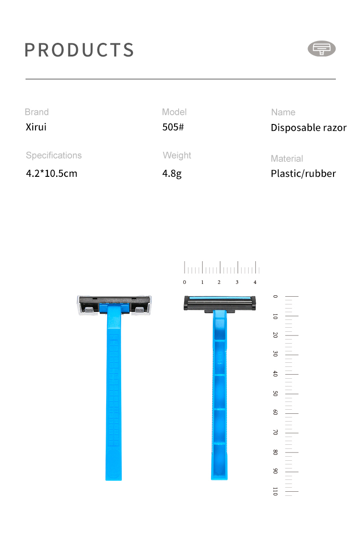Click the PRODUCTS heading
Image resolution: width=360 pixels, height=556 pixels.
tap(79, 50)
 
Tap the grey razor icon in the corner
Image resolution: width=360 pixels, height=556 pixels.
tap(322, 48)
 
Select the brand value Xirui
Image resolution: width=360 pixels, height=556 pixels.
tap(36, 127)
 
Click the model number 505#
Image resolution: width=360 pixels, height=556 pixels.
tap(173, 127)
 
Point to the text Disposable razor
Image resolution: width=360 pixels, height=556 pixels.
tap(309, 128)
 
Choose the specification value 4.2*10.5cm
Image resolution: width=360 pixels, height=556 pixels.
tap(51, 173)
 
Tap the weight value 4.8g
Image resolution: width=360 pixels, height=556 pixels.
tap(172, 173)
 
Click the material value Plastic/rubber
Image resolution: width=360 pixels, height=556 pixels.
tap(303, 173)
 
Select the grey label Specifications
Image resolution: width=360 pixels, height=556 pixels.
tap(54, 155)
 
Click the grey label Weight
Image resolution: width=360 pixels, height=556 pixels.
tap(177, 155)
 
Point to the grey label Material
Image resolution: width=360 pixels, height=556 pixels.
tap(287, 159)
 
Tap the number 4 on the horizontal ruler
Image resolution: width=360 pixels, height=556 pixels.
tap(255, 282)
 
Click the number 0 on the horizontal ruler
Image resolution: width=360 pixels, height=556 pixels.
tap(185, 282)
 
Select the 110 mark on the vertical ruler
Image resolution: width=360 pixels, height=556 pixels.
tap(275, 491)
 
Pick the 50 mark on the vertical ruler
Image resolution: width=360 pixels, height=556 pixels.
tap(275, 393)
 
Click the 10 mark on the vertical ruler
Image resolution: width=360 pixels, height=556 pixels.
tap(275, 316)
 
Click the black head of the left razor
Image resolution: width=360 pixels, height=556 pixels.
tap(114, 299)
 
